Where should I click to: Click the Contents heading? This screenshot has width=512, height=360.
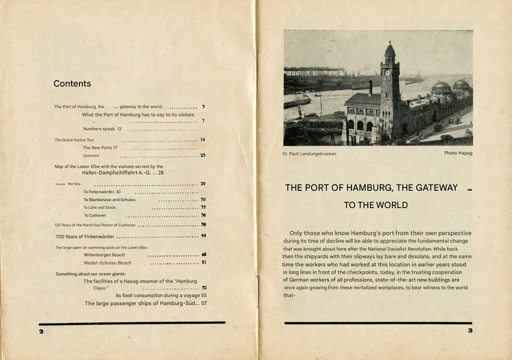(72, 84)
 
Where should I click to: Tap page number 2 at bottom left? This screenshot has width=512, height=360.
(41, 331)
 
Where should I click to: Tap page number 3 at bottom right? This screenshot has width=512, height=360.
(470, 331)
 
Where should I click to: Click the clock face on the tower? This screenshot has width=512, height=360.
(387, 73)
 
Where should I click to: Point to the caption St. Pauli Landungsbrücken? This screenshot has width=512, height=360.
(309, 154)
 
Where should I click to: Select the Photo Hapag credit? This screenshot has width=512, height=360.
(458, 153)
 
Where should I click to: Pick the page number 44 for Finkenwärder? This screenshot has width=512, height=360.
(203, 236)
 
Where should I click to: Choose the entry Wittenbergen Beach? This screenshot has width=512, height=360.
(104, 255)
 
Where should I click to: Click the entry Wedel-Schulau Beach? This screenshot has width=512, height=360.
(108, 263)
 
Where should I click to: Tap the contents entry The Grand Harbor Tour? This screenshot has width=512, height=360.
(74, 140)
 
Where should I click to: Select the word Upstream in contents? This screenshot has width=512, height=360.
(91, 155)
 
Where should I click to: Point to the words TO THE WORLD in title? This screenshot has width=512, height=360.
(376, 205)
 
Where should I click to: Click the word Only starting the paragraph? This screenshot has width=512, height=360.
(298, 233)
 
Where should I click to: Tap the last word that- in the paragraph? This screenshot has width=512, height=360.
(289, 295)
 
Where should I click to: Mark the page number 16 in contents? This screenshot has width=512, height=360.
(203, 140)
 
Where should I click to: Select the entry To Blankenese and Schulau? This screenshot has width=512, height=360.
(109, 199)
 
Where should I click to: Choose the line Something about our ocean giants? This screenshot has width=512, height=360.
(94, 274)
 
